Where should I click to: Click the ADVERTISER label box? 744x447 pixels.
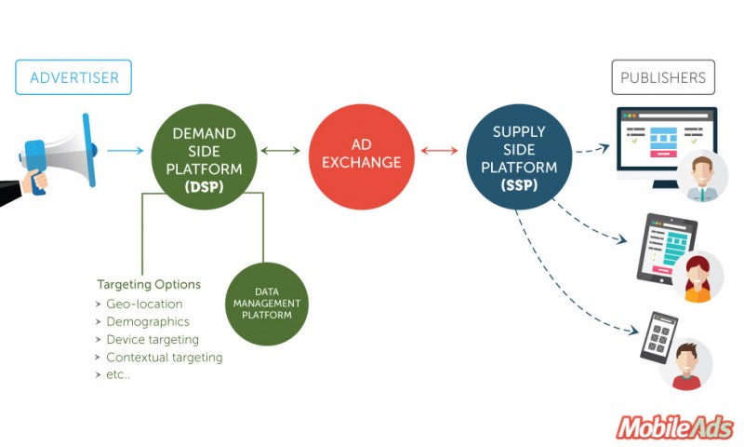pyautogui.click(x=73, y=77)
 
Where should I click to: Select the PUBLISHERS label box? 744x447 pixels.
pyautogui.click(x=662, y=77)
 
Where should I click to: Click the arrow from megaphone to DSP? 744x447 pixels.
pyautogui.click(x=125, y=149)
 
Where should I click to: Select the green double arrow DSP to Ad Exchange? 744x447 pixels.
pyautogui.click(x=282, y=149)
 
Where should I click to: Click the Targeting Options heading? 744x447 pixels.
pyautogui.click(x=149, y=284)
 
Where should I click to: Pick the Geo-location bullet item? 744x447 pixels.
pyautogui.click(x=144, y=304)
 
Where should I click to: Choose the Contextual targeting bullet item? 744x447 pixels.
pyautogui.click(x=164, y=357)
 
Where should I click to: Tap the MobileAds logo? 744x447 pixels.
pyautogui.click(x=673, y=427)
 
